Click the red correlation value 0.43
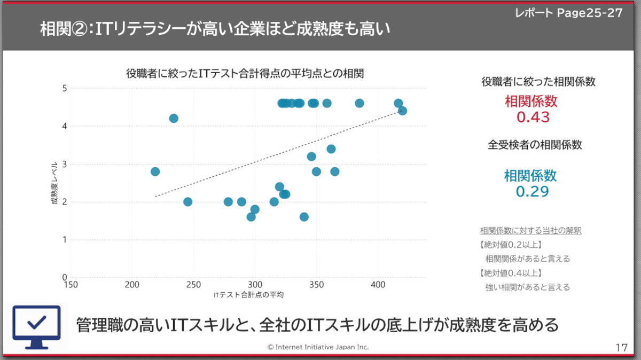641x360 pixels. point(533,117)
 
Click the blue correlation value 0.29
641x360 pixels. point(532,191)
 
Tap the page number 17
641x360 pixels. point(621,348)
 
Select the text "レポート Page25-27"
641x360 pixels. point(568,13)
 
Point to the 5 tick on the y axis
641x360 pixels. point(64,88)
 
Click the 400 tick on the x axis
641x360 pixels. point(378,284)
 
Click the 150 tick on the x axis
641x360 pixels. point(71,284)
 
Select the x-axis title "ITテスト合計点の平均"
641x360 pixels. point(248,295)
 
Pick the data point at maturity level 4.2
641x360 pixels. point(174,118)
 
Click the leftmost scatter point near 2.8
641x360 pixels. point(155,171)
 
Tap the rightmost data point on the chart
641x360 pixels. point(403,111)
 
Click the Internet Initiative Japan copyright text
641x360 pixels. point(318,347)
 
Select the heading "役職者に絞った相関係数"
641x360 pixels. point(538,82)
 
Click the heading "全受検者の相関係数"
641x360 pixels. point(535,145)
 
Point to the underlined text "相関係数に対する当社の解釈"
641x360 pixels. point(530,231)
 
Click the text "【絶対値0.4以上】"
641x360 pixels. point(511,273)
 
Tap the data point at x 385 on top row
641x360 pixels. point(359,103)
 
